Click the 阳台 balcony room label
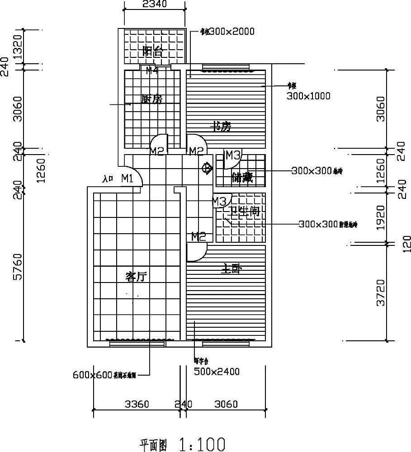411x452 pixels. tap(152, 51)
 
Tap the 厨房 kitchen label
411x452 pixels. tap(151, 99)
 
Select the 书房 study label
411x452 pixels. tap(222, 127)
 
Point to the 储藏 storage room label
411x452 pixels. tap(242, 178)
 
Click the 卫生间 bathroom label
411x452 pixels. tap(246, 212)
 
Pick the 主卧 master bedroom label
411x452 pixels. tap(231, 269)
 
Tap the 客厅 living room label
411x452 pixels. tap(136, 277)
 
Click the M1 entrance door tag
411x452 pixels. tap(127, 179)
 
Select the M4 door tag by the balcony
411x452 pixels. tap(151, 70)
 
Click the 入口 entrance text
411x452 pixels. tap(108, 179)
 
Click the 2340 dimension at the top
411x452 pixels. tap(155, 5)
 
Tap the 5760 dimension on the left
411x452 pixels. tap(17, 267)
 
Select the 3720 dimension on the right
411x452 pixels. tap(381, 292)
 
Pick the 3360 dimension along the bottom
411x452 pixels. tap(137, 404)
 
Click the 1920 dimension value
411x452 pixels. tap(381, 217)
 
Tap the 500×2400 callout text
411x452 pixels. tap(217, 372)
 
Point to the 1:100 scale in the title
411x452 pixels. tap(202, 444)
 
